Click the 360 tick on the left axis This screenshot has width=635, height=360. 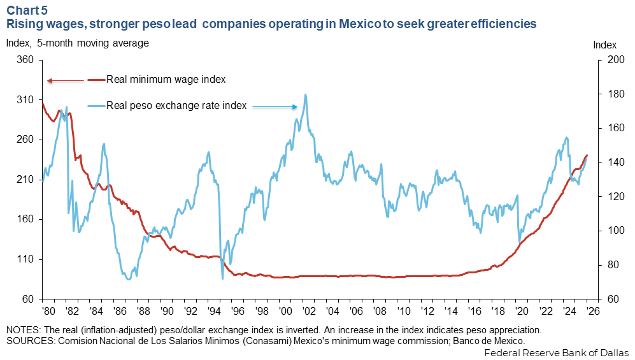click(25, 61)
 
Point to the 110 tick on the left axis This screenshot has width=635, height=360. click(25, 259)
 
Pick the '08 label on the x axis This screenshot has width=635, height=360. click(378, 312)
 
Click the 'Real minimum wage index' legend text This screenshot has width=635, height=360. click(166, 80)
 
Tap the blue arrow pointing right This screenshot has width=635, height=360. click(275, 107)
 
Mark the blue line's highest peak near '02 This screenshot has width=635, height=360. click(306, 95)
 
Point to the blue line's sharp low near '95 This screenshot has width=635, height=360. click(223, 278)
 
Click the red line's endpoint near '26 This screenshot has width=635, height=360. click(587, 155)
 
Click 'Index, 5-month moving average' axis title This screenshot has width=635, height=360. click(77, 43)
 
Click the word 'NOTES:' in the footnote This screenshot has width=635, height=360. click(24, 331)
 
